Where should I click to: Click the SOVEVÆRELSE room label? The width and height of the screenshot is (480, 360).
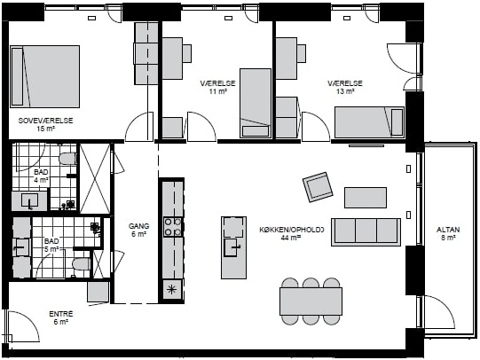tap(45, 121)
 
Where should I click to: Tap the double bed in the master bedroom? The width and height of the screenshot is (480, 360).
tap(45, 76)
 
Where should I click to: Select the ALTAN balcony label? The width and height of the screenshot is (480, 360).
tap(448, 230)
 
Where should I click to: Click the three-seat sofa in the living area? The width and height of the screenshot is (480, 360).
tap(366, 231)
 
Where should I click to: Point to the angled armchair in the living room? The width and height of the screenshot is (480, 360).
tap(318, 187)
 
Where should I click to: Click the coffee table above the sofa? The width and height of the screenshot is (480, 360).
tap(366, 198)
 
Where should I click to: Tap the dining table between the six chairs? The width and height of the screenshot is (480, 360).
tap(311, 301)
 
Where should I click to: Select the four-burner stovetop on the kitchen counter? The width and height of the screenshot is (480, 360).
tap(172, 227)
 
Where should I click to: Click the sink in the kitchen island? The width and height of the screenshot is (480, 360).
tap(232, 247)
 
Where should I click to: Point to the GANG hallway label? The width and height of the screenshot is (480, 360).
tap(139, 226)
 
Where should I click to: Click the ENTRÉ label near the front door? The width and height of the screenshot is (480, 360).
tap(61, 314)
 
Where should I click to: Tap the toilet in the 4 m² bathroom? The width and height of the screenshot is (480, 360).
tap(67, 159)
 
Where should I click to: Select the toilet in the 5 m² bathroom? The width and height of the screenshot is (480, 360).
tap(82, 264)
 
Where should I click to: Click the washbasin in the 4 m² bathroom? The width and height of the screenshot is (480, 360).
tap(29, 200)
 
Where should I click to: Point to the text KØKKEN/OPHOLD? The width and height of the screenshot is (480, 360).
tap(291, 230)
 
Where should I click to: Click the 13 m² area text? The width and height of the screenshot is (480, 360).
tap(345, 91)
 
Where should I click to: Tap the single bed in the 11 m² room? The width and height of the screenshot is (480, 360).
tap(256, 103)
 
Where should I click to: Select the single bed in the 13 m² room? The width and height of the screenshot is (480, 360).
tap(369, 122)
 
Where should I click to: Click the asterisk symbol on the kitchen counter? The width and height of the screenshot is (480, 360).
tap(172, 289)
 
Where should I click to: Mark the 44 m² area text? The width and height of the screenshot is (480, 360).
tap(290, 238)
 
